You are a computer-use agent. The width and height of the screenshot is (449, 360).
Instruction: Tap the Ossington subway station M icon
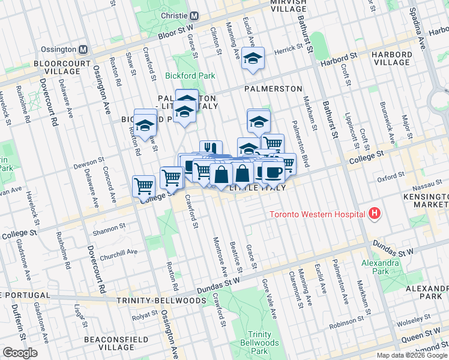83,49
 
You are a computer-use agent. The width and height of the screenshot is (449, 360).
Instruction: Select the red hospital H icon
375,213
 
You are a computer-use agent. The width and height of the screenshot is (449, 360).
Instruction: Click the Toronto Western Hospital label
317,214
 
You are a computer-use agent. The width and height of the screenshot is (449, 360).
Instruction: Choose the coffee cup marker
273,172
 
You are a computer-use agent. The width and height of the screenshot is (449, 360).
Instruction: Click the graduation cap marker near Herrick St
253,58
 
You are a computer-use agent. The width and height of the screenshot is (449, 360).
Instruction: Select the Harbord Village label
391,59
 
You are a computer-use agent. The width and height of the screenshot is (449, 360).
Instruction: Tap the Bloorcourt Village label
40,67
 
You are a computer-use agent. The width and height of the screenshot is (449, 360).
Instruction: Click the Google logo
20,353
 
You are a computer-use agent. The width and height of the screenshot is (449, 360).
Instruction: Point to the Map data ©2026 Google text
412,355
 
